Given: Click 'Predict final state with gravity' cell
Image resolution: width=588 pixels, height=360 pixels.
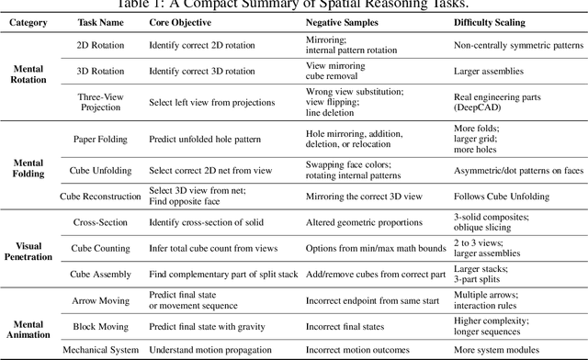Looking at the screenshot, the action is tap(208, 325).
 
